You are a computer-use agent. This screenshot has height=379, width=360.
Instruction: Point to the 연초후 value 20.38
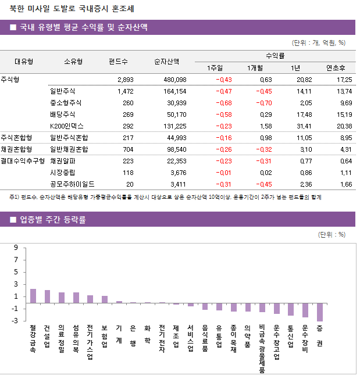(344, 126)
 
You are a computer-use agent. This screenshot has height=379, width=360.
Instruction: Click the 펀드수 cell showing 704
(126, 149)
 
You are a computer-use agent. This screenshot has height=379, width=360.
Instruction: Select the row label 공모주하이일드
(73, 184)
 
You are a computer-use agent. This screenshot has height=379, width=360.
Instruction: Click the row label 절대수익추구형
(23, 161)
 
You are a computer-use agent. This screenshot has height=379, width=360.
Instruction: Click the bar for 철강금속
(33, 296)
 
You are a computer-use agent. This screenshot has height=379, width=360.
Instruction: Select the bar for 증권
(320, 312)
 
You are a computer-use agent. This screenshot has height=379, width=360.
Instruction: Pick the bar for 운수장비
(305, 310)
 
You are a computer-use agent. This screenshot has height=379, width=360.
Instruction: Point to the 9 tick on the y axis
(16, 248)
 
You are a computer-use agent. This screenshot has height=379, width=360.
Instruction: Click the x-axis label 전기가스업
(90, 342)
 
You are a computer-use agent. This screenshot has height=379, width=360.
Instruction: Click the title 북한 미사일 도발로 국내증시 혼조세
(69, 8)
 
